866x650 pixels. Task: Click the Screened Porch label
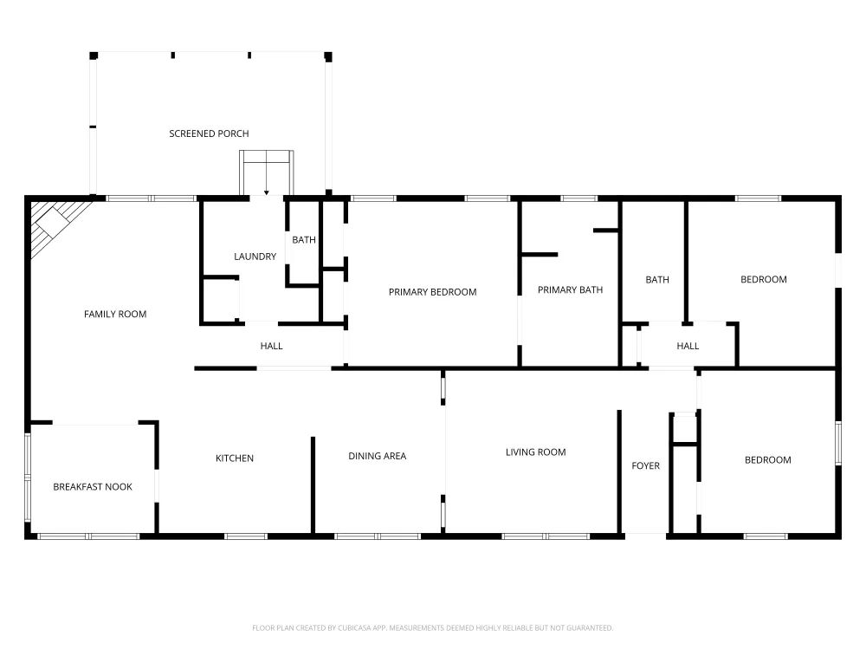(x=209, y=133)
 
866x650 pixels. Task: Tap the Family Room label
(x=115, y=314)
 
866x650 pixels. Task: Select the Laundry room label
(x=255, y=257)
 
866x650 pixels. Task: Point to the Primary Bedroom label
(x=432, y=292)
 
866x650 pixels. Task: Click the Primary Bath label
(x=570, y=289)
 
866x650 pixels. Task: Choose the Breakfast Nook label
(x=93, y=487)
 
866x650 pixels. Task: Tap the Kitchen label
(x=235, y=458)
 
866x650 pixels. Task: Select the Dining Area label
(x=378, y=456)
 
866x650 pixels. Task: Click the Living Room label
(x=536, y=452)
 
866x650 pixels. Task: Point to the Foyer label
(x=646, y=466)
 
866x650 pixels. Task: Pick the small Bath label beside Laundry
(x=304, y=240)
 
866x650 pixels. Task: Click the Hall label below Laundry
(x=271, y=346)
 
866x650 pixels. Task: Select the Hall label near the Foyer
(x=688, y=346)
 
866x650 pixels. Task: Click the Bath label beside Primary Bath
(x=657, y=280)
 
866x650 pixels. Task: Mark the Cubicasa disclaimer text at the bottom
(x=432, y=627)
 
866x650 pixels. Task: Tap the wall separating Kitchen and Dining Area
(x=313, y=484)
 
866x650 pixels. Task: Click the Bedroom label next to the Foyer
(x=767, y=460)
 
